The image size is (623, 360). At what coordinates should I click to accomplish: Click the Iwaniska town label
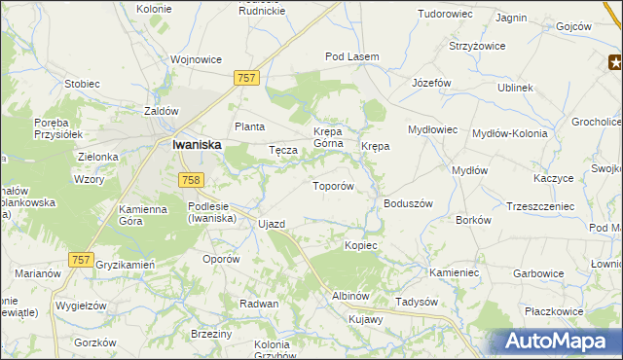click(196, 144)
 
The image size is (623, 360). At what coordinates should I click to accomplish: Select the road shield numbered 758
click(191, 179)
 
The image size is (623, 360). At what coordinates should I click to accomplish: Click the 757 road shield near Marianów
click(82, 260)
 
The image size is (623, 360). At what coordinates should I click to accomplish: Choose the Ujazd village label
click(272, 225)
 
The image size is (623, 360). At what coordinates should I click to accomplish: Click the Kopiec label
click(360, 245)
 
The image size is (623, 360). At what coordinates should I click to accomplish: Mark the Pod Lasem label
click(351, 57)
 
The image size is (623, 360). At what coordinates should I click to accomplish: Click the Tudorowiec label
click(445, 15)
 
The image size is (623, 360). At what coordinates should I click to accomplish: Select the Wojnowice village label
click(196, 59)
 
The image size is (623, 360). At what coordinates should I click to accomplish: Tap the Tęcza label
click(282, 151)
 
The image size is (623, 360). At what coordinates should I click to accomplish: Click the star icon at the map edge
click(615, 64)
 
